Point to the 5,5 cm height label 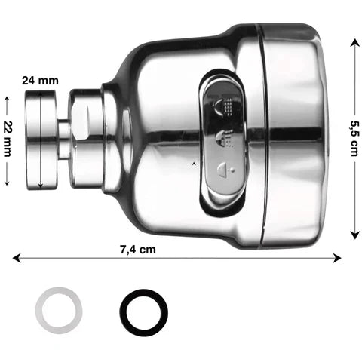pyautogui.click(x=354, y=140)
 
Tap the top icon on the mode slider pyautogui.click(x=223, y=106)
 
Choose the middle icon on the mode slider pyautogui.click(x=224, y=137)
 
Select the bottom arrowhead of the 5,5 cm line pyautogui.click(x=354, y=235)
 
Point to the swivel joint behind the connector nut pyautogui.click(x=87, y=140)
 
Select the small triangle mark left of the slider pyautogui.click(x=195, y=163)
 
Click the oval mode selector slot pyautogui.click(x=223, y=140)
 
